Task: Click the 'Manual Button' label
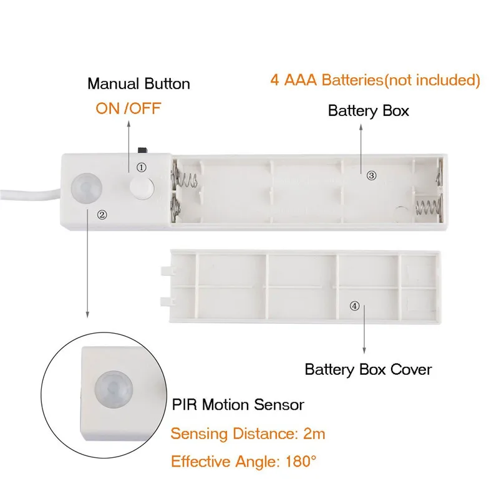[x=138, y=84]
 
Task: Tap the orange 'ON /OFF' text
[x=128, y=108]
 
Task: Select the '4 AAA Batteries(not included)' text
[x=375, y=80]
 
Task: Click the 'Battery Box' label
[x=368, y=111]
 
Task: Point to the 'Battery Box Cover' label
[x=368, y=369]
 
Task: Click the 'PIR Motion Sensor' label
[x=238, y=405]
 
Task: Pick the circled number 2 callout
[x=102, y=214]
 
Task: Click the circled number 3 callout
[x=372, y=176]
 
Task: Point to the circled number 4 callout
[x=354, y=306]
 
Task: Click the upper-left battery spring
[x=189, y=177]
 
